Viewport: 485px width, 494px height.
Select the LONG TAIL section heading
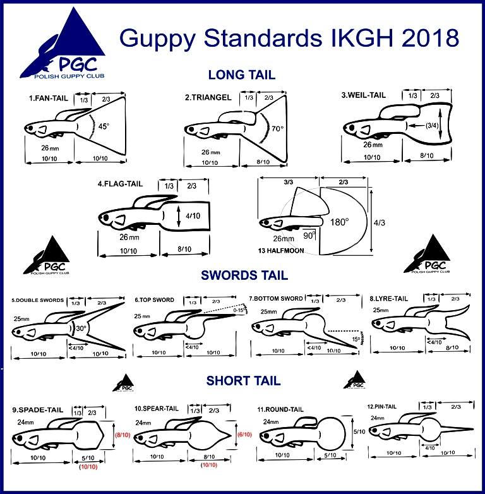tap(242, 75)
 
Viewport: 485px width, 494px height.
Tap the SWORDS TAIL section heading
tap(244, 275)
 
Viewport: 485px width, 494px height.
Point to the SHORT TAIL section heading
tap(243, 381)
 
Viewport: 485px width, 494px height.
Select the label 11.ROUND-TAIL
tap(281, 409)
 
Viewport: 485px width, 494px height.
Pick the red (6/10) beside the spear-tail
tap(244, 435)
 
